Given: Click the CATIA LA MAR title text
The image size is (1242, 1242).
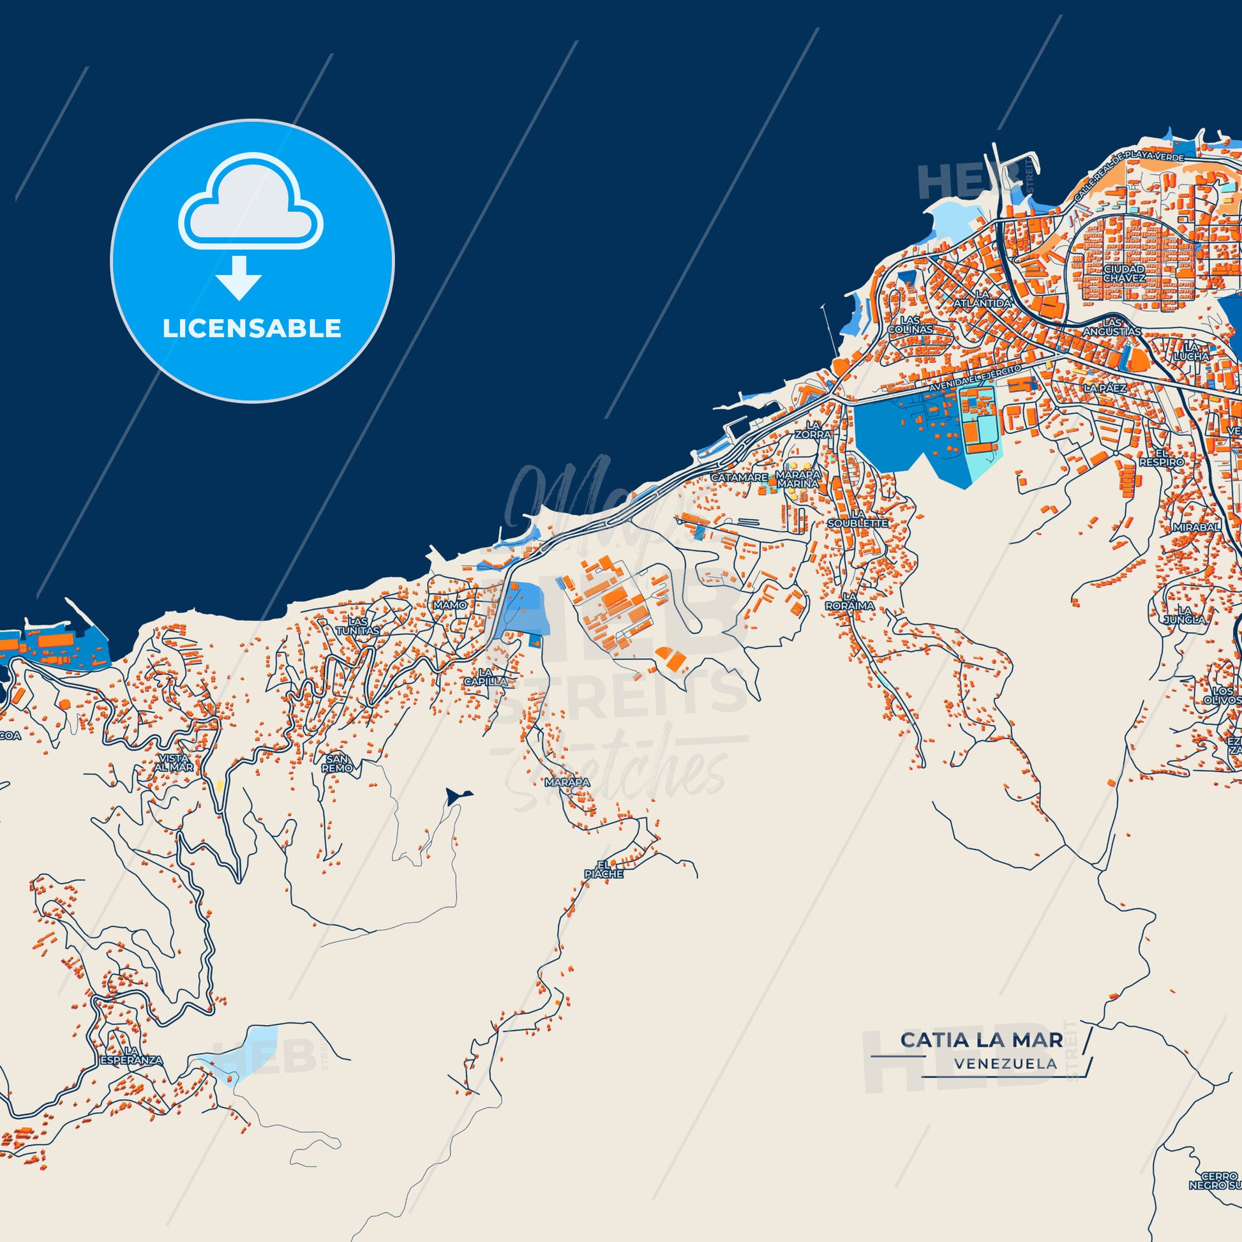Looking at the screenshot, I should point(981,1040).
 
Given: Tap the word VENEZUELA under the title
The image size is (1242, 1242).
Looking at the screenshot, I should point(1005,1064).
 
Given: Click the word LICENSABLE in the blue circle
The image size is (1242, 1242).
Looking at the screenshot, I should point(251,329).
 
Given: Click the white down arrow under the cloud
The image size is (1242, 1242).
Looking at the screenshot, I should point(239,277).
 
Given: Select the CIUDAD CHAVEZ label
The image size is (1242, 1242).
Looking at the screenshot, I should point(1125,273).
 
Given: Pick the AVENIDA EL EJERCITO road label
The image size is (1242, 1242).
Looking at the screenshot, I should point(975,379).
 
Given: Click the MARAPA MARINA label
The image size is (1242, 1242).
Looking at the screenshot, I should point(798,479).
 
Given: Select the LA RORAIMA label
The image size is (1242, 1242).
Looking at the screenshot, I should point(850,601).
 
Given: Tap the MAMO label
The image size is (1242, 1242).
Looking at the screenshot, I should point(450,605).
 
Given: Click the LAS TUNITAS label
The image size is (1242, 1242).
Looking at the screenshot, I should point(357,626).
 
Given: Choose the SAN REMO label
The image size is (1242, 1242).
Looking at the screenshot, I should point(337,763).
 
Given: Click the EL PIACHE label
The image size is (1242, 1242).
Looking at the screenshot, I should point(603,869).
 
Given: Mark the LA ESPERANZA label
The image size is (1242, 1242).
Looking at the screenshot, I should point(131,1056).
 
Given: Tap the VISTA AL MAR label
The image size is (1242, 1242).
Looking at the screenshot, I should point(174,763).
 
